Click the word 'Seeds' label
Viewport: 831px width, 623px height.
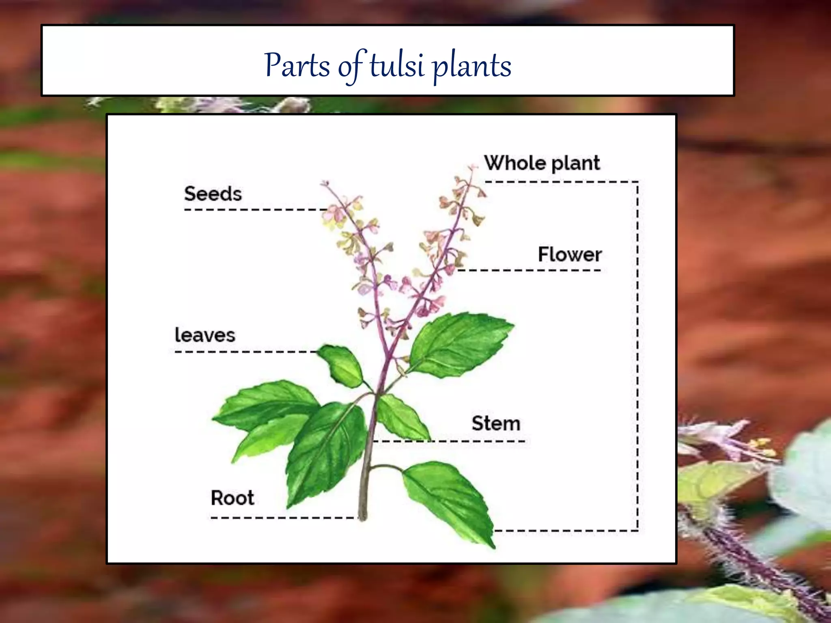pos(213,194)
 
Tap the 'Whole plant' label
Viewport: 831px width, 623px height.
pos(542,163)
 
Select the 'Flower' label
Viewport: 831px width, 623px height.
pos(570,255)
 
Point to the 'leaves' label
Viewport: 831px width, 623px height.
pos(205,335)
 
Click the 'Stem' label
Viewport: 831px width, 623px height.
pos(496,423)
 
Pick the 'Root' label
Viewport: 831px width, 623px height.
pos(233,498)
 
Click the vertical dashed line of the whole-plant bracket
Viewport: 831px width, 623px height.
pos(637,357)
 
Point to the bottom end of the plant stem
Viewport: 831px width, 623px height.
pos(363,516)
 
